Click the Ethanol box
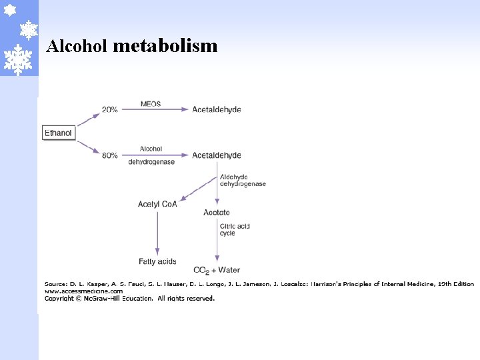tap(58, 133)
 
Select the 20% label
tap(110, 109)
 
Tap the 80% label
tap(110, 155)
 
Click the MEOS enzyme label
tap(151, 104)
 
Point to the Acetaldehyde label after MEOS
tap(217, 109)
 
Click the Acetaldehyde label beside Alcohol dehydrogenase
tap(217, 155)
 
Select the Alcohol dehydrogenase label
tap(151, 155)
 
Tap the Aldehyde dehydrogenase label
tap(243, 180)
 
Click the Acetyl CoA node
tap(157, 204)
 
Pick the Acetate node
tap(217, 213)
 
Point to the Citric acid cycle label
tap(235, 230)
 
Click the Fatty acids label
tap(157, 261)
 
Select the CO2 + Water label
tap(217, 270)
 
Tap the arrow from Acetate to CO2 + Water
tap(217, 240)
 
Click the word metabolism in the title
tap(165, 45)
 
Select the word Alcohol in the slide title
tap(77, 46)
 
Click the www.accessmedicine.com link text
tap(83, 291)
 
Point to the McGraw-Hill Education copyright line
tap(129, 299)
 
